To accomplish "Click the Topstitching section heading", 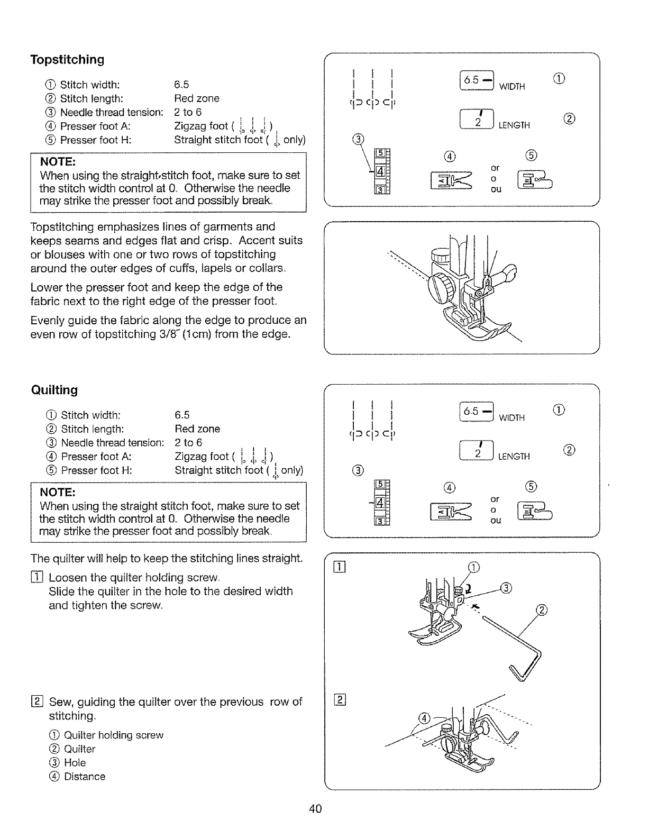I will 67,59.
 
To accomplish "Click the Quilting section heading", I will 54,390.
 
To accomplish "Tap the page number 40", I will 316,808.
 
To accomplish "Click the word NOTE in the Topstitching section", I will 58,161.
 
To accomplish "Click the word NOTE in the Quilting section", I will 59,492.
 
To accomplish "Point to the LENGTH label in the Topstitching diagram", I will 514,125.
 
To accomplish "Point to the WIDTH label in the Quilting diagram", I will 511,418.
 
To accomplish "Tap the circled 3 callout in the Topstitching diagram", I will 358,140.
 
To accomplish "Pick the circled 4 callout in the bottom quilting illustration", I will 424,718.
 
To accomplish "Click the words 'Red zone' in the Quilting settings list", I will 197,429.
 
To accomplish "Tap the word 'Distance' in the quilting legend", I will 85,777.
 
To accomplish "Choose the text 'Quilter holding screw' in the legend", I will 113,735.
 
